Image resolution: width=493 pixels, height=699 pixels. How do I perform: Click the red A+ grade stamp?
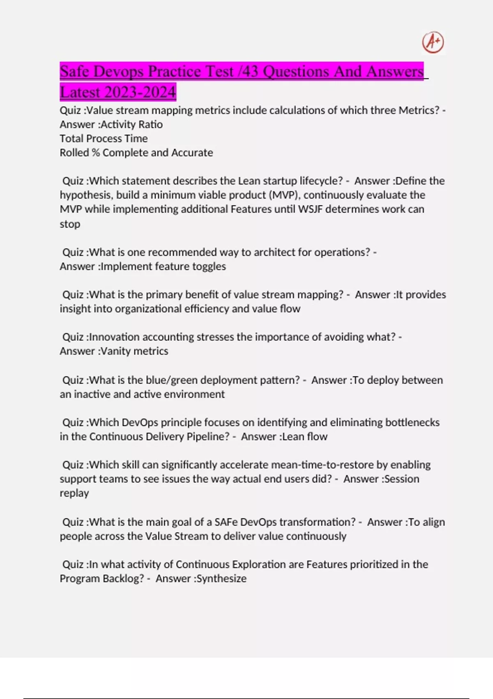[x=433, y=42]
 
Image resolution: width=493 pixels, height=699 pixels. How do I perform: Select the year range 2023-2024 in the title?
[x=140, y=92]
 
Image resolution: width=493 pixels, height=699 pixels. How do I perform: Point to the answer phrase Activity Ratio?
[x=132, y=124]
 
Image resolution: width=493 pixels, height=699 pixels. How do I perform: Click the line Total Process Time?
[x=104, y=138]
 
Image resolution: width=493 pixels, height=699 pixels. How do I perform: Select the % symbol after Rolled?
[x=96, y=153]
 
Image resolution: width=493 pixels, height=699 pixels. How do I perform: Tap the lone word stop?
[x=70, y=224]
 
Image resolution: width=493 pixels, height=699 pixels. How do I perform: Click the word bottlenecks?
[x=412, y=422]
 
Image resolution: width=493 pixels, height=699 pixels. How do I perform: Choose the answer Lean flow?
[x=305, y=436]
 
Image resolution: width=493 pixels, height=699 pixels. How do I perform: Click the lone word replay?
[x=74, y=493]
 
